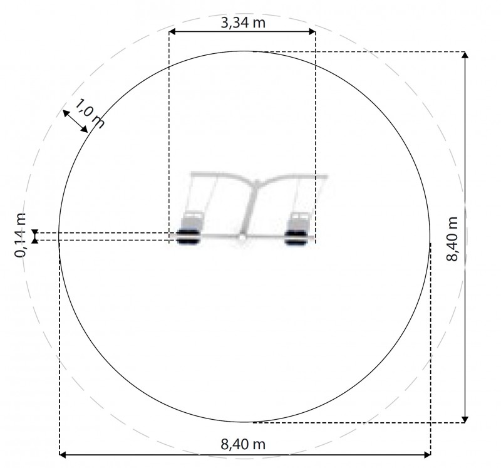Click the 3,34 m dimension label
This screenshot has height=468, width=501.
pos(243,23)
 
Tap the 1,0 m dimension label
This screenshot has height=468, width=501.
pos(90,113)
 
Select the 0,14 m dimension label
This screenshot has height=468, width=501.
pos(20,235)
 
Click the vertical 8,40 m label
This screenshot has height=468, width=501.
pos(452,239)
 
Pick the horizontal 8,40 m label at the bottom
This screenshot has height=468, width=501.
pos(243,444)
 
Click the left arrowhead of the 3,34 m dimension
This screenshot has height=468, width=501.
pos(172,31)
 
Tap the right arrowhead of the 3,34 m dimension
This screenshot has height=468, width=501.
pos(312,31)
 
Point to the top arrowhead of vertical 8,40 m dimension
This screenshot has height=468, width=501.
pos(465,55)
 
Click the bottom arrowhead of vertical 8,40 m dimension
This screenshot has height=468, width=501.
pos(465,419)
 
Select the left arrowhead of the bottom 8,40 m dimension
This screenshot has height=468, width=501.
pos(63,455)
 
